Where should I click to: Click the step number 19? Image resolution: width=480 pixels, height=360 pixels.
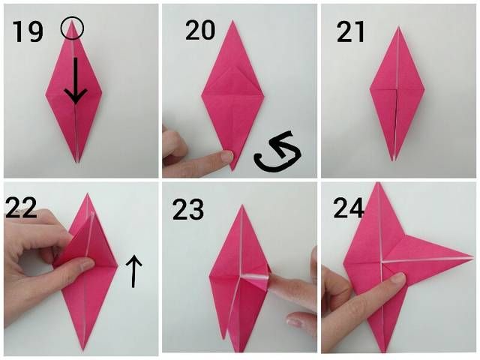[x=28, y=31]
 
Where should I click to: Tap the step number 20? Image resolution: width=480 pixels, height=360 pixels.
[x=200, y=30]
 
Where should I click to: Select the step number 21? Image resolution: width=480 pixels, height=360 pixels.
[x=350, y=31]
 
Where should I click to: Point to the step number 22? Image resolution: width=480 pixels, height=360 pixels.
[x=21, y=208]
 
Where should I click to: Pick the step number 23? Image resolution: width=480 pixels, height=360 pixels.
[x=188, y=209]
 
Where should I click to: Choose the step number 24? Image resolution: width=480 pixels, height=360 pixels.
[x=349, y=208]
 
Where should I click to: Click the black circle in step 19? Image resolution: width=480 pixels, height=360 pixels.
[x=72, y=28]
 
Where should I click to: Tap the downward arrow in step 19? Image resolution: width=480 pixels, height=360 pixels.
[x=75, y=80]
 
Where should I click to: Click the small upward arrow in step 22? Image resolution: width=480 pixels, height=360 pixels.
[x=133, y=271]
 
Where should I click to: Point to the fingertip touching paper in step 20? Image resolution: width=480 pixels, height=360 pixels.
[x=226, y=157]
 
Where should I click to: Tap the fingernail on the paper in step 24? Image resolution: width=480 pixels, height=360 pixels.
[x=397, y=278]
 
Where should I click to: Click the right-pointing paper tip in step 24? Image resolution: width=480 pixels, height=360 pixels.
[x=473, y=256]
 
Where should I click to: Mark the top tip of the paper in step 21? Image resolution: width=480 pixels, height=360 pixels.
[x=398, y=27]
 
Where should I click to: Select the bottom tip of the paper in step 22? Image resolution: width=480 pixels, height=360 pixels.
[x=82, y=349]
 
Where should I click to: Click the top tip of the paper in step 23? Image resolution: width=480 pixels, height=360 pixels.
[x=242, y=205]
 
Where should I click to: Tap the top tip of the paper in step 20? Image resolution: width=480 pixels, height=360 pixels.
[x=232, y=21]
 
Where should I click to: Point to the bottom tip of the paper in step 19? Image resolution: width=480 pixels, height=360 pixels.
[x=78, y=162]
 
